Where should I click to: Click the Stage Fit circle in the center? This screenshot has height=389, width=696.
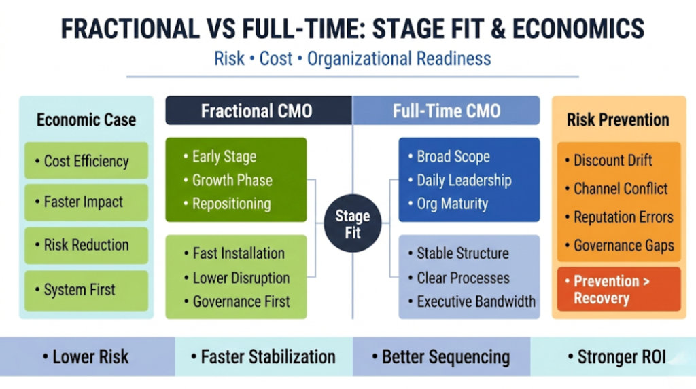pyautogui.click(x=352, y=224)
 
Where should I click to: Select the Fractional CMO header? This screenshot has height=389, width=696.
pyautogui.click(x=257, y=111)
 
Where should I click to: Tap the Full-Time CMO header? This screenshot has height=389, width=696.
pyautogui.click(x=447, y=111)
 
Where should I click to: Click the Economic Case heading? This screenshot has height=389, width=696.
pyautogui.click(x=86, y=120)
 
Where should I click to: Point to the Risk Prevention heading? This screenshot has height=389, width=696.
pyautogui.click(x=618, y=120)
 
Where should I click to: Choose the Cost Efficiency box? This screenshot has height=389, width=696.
pyautogui.click(x=86, y=161)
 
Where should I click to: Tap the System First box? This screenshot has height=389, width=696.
pyautogui.click(x=86, y=290)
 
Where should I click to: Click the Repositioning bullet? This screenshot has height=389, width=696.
pyautogui.click(x=231, y=204)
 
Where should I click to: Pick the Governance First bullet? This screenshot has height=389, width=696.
pyautogui.click(x=241, y=301)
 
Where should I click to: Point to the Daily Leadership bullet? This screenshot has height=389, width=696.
pyautogui.click(x=463, y=181)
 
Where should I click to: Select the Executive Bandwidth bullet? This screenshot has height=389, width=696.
pyautogui.click(x=476, y=301)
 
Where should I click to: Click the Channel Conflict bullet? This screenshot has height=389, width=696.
pyautogui.click(x=621, y=189)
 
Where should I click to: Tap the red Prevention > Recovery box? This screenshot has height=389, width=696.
pyautogui.click(x=618, y=289)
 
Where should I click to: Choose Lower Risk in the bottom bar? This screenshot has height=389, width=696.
pyautogui.click(x=85, y=356)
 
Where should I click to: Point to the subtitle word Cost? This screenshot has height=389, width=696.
pyautogui.click(x=275, y=58)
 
